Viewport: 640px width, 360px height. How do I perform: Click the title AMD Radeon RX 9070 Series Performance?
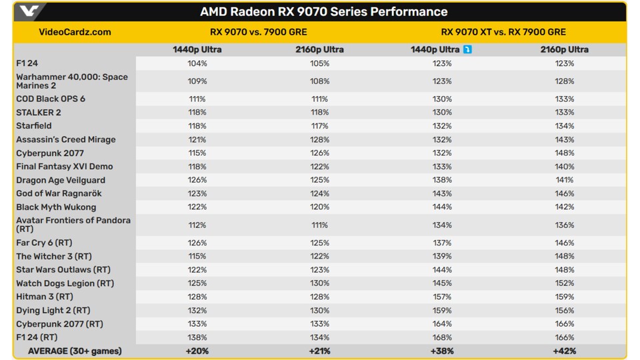324,12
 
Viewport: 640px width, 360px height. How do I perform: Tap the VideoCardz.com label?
75,32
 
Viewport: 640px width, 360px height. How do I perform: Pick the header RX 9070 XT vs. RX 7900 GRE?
503,32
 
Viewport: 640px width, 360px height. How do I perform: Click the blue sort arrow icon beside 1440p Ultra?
467,49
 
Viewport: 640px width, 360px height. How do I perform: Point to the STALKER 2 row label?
39,113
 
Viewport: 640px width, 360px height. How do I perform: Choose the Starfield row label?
34,126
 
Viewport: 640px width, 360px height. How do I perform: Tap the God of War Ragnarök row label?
59,193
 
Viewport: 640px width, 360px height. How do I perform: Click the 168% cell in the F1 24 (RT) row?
441,337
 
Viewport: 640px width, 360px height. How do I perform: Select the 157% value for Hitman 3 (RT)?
441,297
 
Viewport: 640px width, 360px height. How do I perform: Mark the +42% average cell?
564,351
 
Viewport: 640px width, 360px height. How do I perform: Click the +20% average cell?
197,351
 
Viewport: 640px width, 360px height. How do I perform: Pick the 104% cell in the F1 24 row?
197,63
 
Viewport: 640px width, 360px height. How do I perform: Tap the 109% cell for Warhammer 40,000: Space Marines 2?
197,81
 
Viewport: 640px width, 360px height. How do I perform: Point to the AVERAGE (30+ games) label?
75,351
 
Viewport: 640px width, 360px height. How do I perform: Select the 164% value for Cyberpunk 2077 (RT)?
441,324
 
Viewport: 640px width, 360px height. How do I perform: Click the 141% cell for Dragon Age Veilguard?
564,180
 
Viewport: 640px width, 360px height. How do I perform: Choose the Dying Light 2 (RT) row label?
53,310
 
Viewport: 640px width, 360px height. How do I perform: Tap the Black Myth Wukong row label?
56,207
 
